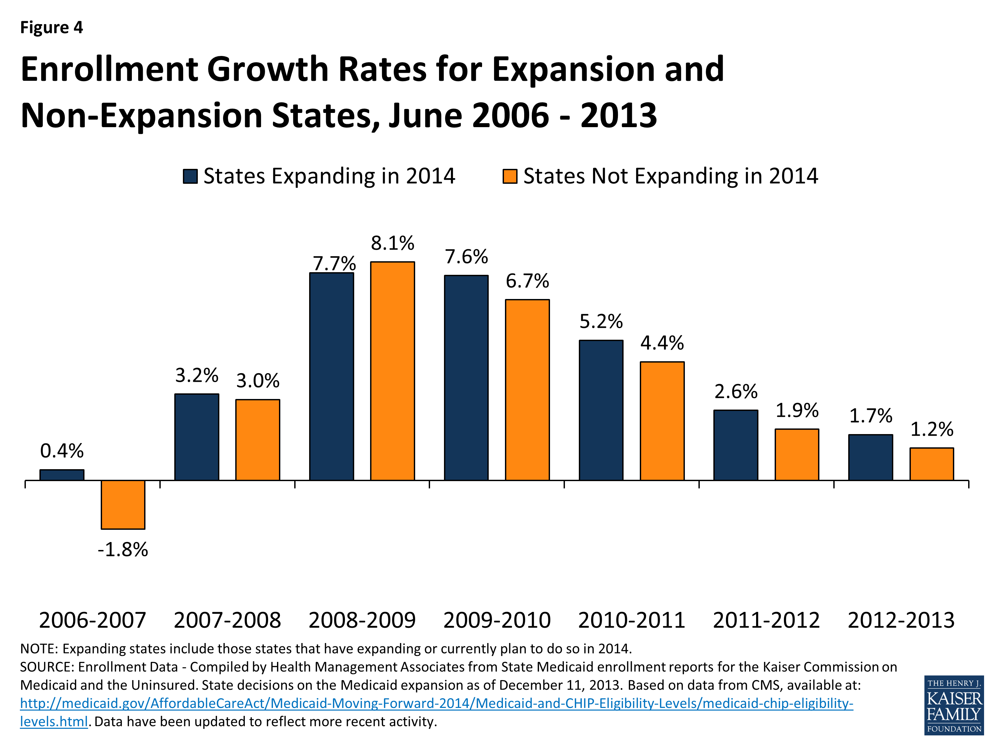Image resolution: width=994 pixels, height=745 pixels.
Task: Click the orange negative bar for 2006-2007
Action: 123,504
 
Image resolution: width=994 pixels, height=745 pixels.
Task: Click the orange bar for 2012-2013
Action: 931,464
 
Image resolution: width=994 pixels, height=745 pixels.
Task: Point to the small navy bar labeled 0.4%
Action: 62,475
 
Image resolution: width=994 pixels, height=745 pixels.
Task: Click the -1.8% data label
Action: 123,549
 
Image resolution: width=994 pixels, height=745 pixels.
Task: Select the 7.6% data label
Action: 466,257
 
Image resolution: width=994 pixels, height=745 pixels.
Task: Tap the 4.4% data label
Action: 662,343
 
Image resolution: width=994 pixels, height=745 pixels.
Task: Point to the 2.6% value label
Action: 736,392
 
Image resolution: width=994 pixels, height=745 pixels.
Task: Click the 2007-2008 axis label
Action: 227,620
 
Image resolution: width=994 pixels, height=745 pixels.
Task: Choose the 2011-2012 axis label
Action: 766,620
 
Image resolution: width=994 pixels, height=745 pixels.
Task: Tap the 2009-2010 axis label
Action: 497,620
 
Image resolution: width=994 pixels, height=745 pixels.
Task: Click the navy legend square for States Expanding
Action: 190,176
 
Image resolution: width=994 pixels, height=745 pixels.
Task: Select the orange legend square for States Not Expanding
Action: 510,176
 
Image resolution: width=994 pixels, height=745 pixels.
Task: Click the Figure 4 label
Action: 52,27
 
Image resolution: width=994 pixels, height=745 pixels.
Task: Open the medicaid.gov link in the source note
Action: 436,703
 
